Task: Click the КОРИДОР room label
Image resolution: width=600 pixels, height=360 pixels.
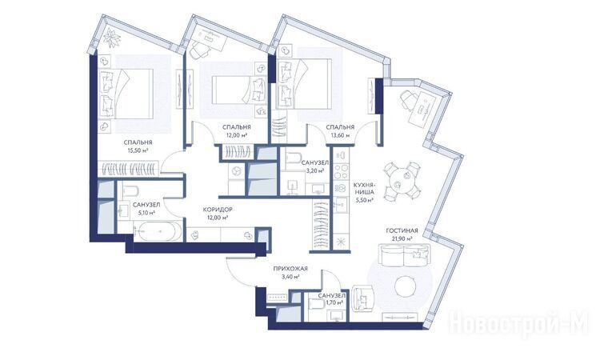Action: (x=218, y=210)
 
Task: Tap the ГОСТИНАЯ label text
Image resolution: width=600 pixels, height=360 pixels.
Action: (x=402, y=230)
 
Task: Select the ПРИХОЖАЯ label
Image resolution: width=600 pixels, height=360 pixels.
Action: (x=290, y=269)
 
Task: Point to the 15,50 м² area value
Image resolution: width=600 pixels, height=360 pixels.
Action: (x=138, y=150)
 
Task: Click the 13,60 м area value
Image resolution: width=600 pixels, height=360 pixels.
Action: (x=340, y=135)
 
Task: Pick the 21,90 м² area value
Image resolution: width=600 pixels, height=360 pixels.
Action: (x=402, y=238)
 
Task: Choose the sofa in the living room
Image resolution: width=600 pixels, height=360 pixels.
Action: (x=405, y=255)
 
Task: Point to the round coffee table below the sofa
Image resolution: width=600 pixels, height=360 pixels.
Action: (x=406, y=286)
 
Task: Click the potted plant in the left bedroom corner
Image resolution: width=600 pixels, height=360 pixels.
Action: (x=113, y=38)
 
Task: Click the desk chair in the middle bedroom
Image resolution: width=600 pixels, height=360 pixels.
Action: (x=199, y=49)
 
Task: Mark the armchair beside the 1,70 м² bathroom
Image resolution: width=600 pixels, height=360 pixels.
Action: (x=362, y=298)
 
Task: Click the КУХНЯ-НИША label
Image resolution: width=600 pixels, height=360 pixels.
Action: (x=364, y=188)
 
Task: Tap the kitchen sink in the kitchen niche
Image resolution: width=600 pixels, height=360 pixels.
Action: (x=340, y=204)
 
